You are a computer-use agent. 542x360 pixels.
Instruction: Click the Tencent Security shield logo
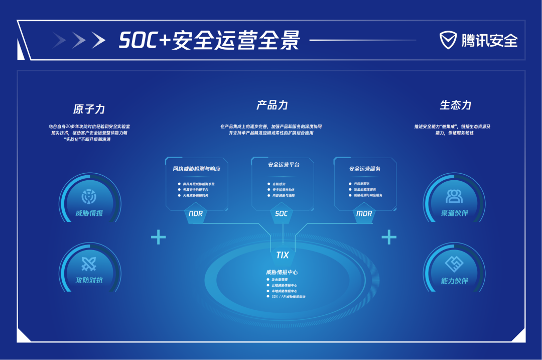[449, 40]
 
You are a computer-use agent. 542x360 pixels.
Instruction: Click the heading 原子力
[89, 109]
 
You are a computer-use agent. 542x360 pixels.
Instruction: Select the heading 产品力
[272, 105]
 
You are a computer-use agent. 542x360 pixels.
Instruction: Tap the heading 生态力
[456, 105]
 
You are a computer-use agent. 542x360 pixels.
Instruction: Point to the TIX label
[283, 255]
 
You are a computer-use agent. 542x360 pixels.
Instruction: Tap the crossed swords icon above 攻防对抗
[89, 263]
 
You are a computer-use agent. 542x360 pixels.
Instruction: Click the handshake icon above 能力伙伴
[454, 263]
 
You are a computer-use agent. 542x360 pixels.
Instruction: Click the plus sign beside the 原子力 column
[158, 237]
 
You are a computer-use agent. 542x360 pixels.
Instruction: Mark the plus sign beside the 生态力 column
[389, 237]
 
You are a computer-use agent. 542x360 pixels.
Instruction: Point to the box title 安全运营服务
[365, 169]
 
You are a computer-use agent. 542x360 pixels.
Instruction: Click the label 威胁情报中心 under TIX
[282, 272]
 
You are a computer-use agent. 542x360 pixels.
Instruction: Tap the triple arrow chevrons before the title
[79, 40]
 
